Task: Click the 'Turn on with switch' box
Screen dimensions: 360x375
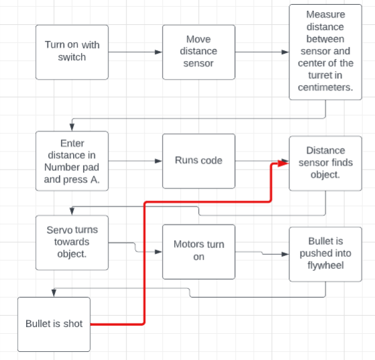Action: pyautogui.click(x=72, y=52)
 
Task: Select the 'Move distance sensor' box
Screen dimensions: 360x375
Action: pyautogui.click(x=199, y=52)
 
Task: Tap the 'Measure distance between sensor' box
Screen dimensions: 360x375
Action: pyautogui.click(x=325, y=52)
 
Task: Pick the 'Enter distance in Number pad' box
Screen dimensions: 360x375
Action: pyautogui.click(x=72, y=161)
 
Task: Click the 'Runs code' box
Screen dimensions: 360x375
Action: pyautogui.click(x=199, y=161)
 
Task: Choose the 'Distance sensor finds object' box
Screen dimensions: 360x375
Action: pyautogui.click(x=325, y=162)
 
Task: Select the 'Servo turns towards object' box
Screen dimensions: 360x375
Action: pyautogui.click(x=72, y=242)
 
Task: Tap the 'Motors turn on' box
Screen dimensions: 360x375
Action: pyautogui.click(x=199, y=251)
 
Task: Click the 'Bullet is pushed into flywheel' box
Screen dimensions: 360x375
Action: pyautogui.click(x=325, y=253)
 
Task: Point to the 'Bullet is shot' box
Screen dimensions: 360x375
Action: pyautogui.click(x=54, y=324)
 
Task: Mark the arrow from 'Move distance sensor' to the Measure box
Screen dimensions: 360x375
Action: pyautogui.click(x=262, y=52)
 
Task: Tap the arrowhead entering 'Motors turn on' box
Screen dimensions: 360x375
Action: pyautogui.click(x=158, y=252)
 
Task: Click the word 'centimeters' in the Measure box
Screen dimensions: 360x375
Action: pyautogui.click(x=325, y=88)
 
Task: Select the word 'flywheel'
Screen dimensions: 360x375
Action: pyautogui.click(x=325, y=265)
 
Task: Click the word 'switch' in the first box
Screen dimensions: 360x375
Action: pyautogui.click(x=72, y=58)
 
